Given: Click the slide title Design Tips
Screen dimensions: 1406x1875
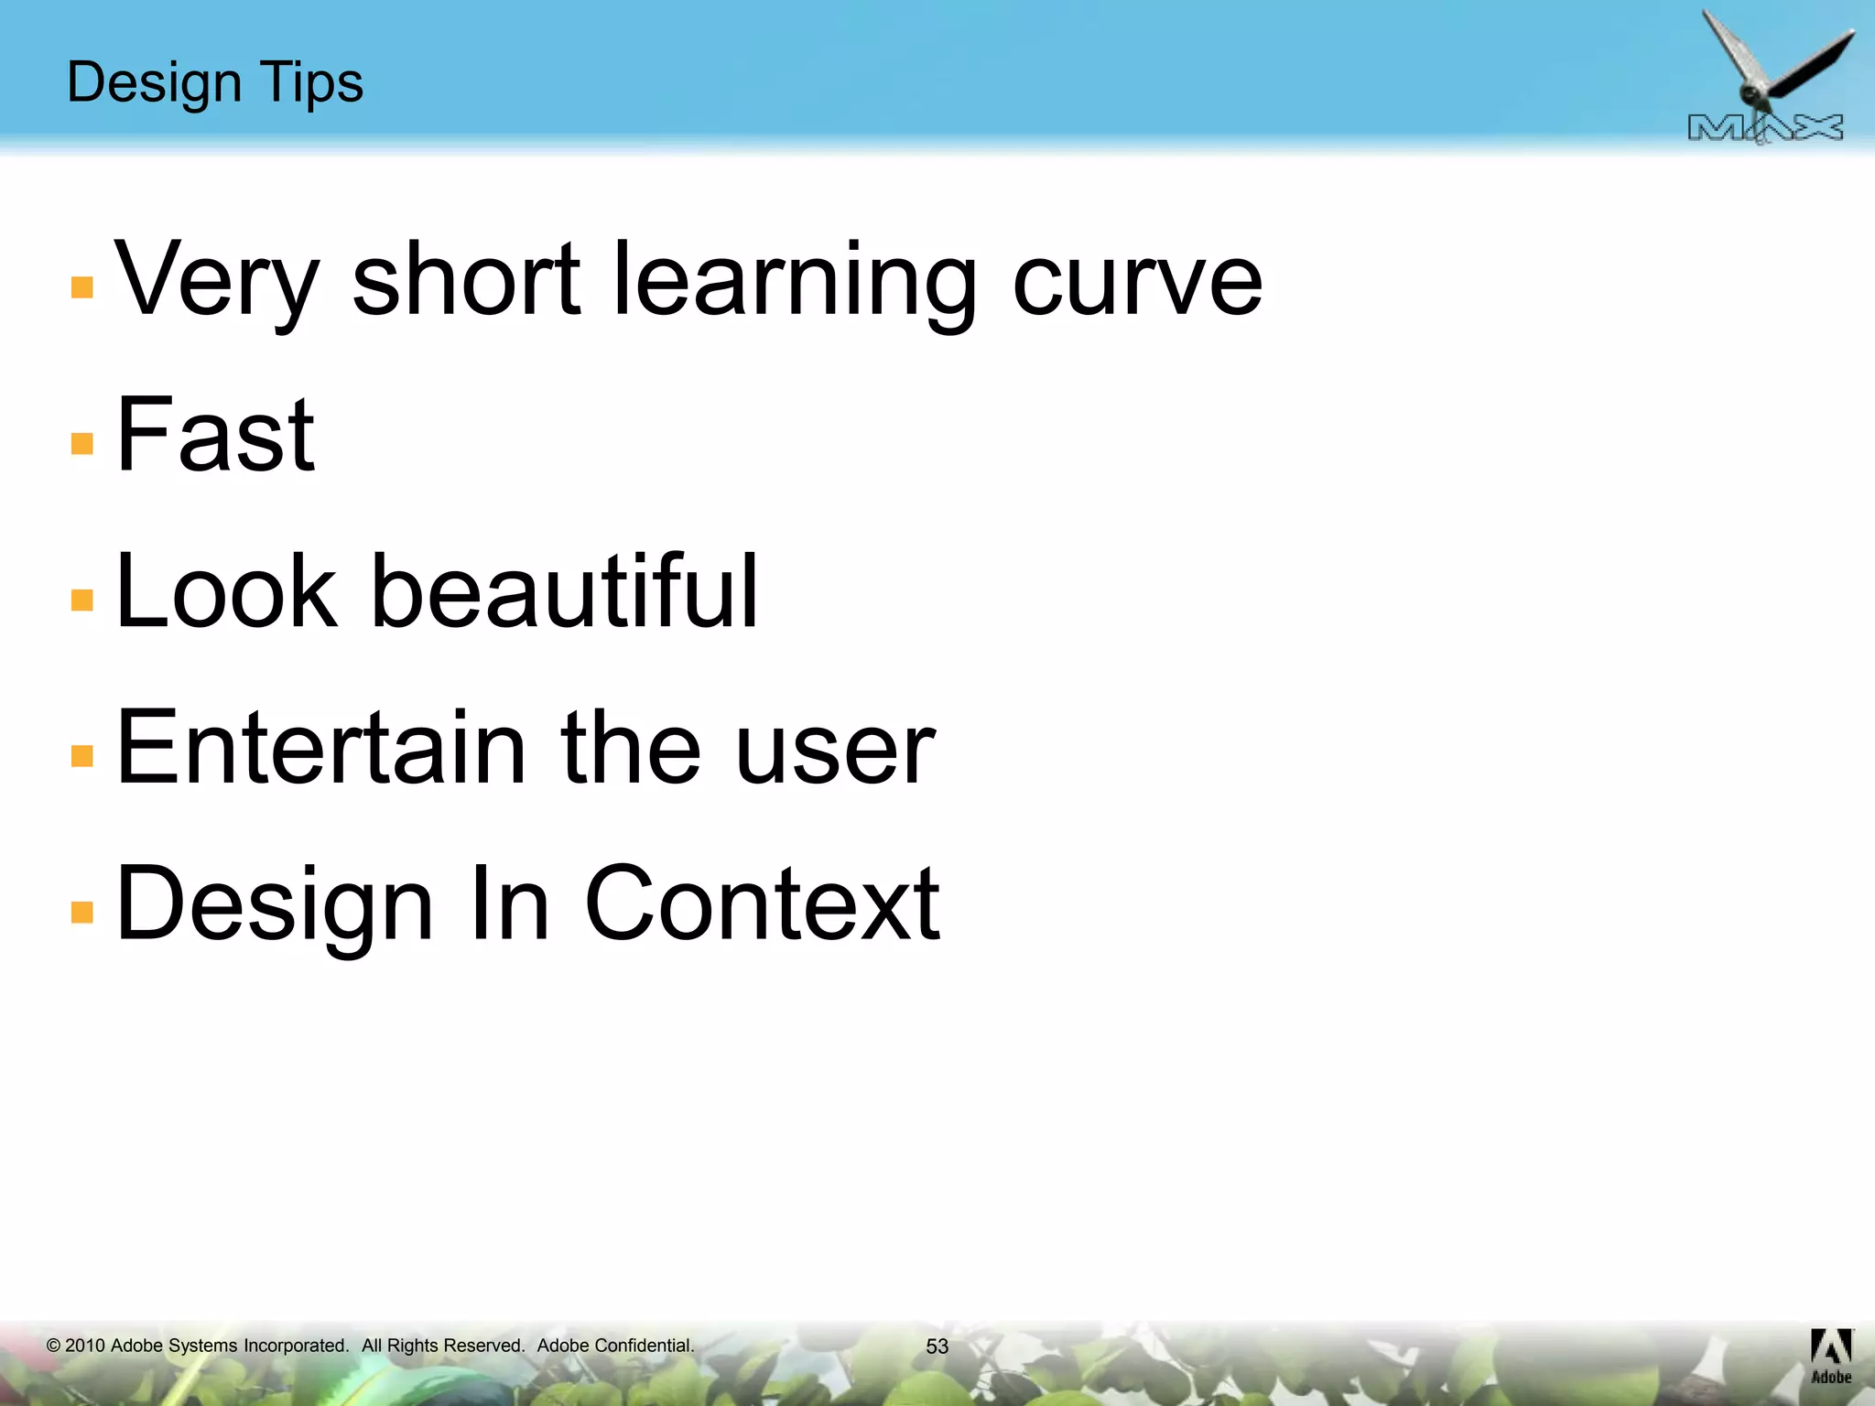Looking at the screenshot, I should (x=215, y=82).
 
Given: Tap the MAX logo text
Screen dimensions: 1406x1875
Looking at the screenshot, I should (x=1765, y=128).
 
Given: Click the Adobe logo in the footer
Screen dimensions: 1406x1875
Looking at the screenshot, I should (x=1831, y=1356).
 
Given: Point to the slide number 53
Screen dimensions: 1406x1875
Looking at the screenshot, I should (x=937, y=1347).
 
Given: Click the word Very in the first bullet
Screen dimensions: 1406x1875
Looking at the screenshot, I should (x=217, y=279).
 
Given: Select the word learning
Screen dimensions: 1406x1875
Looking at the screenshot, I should (x=794, y=279).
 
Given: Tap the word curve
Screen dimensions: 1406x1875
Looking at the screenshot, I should (x=1137, y=279).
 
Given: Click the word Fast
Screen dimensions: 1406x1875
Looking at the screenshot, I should (x=216, y=435).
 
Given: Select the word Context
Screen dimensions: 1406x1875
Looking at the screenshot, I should (x=762, y=904).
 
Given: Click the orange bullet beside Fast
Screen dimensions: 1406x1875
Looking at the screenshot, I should (x=82, y=444).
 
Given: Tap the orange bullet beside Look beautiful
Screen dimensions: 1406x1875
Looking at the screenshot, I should (x=82, y=600).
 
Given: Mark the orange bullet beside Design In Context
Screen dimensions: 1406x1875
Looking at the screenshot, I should (x=82, y=912).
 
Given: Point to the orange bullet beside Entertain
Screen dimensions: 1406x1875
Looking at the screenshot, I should (x=82, y=756).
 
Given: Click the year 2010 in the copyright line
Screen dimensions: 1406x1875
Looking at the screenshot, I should (x=85, y=1346).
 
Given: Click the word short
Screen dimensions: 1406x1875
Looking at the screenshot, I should (x=466, y=279).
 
